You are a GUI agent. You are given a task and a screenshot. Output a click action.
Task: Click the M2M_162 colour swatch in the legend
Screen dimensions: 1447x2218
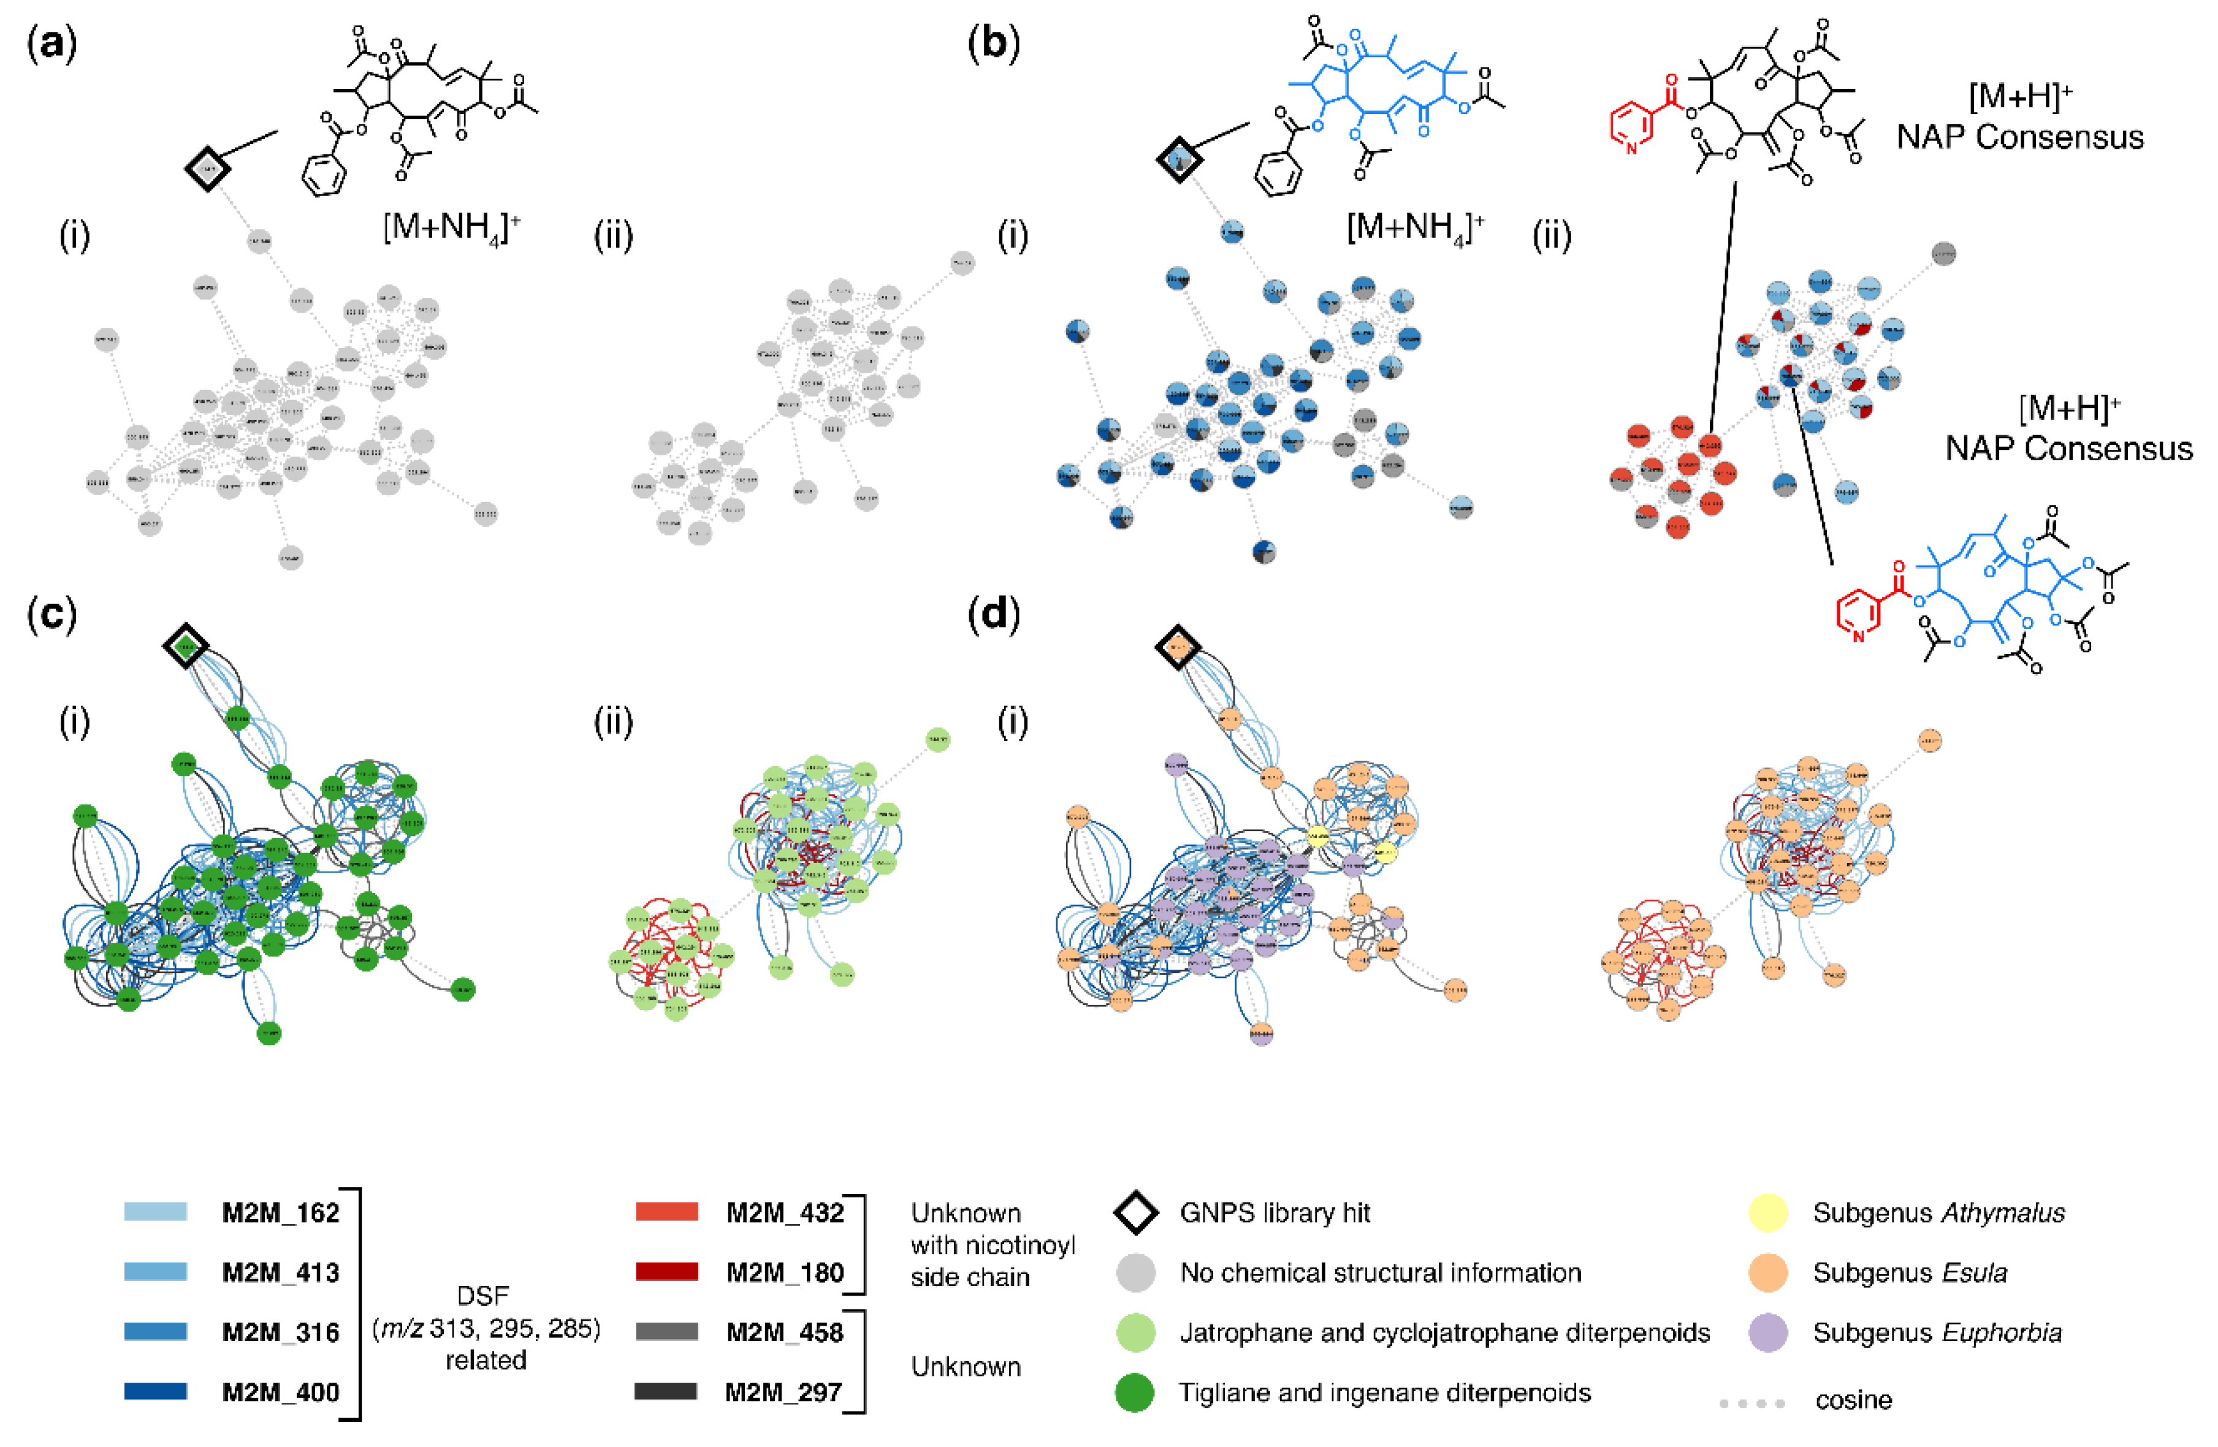(x=156, y=1211)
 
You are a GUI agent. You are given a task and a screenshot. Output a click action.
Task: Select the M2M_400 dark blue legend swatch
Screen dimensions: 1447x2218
(x=156, y=1391)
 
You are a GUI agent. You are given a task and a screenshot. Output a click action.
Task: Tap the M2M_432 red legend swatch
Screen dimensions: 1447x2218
(x=666, y=1211)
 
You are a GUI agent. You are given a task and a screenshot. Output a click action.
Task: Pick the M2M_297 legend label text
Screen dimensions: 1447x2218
(x=783, y=1392)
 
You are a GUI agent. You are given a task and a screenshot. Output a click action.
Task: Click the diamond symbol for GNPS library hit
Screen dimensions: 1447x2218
(x=1136, y=1212)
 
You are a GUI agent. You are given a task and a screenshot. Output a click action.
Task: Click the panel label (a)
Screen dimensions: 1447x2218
(x=52, y=44)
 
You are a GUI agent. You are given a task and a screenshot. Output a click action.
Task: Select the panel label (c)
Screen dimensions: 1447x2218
(x=52, y=614)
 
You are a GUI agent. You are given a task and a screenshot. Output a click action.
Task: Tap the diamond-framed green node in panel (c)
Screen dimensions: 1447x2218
(x=186, y=645)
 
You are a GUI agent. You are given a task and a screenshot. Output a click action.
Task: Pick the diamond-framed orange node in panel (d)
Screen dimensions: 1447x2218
(x=1178, y=646)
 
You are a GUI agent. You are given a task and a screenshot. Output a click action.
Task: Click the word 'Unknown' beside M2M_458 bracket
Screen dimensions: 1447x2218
(x=966, y=1367)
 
